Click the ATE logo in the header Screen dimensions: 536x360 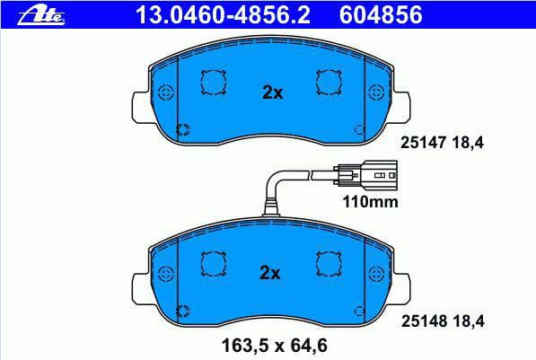(x=41, y=16)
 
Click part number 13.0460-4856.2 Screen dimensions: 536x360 (x=223, y=15)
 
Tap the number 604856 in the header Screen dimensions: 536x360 (x=381, y=15)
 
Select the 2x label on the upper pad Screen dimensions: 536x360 (x=272, y=92)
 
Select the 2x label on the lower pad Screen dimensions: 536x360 (x=269, y=273)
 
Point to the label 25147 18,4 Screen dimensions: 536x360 (x=442, y=142)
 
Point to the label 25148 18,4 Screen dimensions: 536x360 (x=443, y=321)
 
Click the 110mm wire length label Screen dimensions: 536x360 (x=370, y=202)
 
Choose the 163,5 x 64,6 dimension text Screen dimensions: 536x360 (x=275, y=346)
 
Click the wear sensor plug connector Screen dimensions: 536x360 (x=365, y=175)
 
